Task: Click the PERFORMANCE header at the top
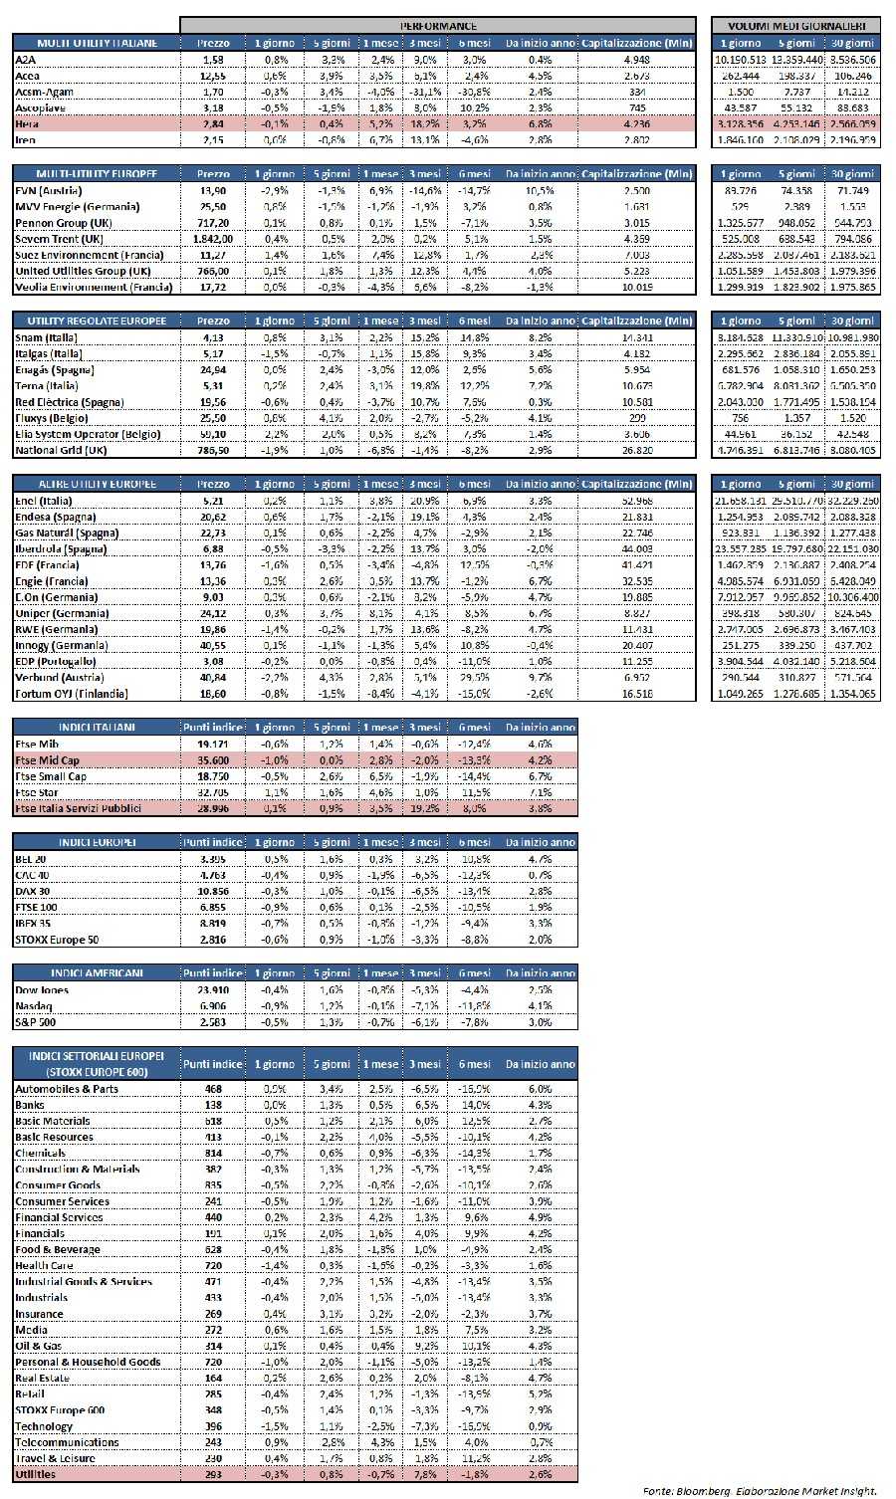[437, 26]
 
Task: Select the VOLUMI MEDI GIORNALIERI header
[796, 26]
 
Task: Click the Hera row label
[27, 124]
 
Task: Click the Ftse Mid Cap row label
[47, 760]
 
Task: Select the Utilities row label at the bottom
[36, 1474]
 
